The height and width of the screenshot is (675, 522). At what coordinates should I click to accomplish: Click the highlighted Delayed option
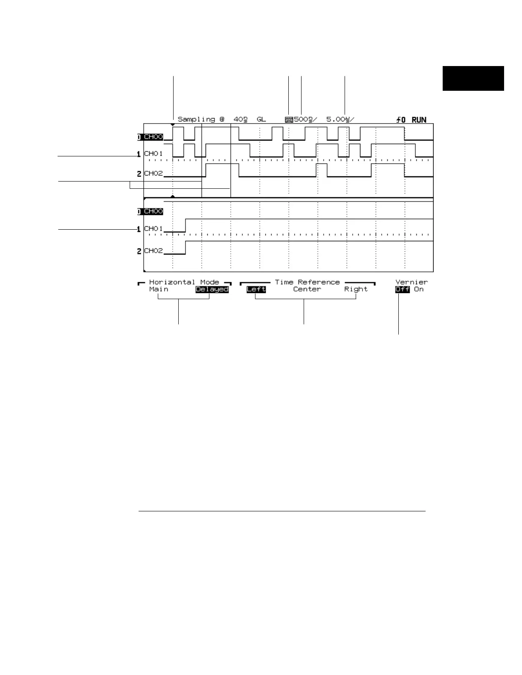point(212,289)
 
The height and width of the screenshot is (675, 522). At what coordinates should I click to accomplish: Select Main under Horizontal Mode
point(159,289)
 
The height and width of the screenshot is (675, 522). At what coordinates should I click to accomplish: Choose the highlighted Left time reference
point(256,289)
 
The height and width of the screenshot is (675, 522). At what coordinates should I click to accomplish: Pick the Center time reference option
point(307,289)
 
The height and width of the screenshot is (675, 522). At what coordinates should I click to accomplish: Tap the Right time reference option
point(356,289)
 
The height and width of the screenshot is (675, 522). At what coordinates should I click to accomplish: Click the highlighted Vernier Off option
point(402,289)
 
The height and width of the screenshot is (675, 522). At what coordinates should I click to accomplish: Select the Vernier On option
point(419,289)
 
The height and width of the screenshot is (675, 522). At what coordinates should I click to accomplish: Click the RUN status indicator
point(419,120)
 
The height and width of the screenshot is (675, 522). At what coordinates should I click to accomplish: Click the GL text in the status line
point(261,120)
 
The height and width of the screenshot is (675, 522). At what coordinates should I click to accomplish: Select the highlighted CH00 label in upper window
point(154,137)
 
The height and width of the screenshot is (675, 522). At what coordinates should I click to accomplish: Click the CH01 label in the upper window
point(154,153)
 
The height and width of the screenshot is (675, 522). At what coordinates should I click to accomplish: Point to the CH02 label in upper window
point(154,173)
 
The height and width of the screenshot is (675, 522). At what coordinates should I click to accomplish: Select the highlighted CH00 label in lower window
point(154,211)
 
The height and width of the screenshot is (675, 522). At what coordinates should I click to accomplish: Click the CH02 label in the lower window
point(154,251)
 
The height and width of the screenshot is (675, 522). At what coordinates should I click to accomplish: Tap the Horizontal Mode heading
point(184,282)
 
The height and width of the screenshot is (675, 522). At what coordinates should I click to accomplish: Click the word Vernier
point(412,282)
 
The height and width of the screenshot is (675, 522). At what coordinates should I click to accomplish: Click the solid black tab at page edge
point(473,78)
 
